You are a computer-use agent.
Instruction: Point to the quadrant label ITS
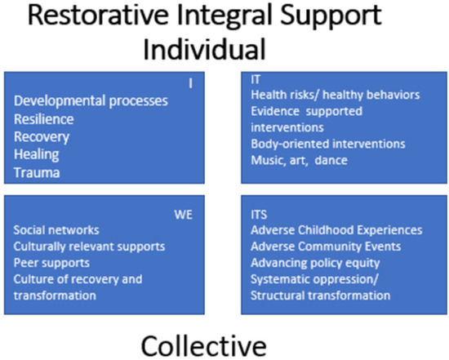(259, 214)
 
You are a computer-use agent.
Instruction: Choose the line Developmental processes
(91, 100)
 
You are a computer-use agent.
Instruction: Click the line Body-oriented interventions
(327, 144)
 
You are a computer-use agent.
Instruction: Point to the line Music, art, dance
(300, 160)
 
